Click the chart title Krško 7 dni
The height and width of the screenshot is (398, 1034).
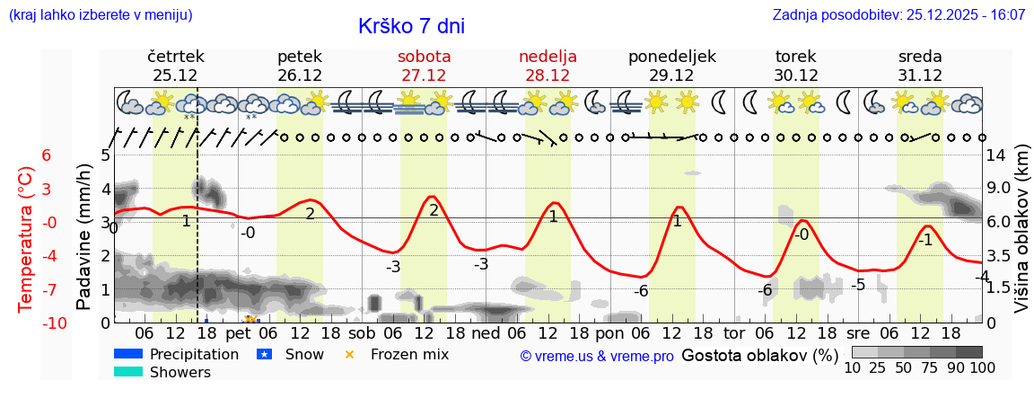(x=411, y=27)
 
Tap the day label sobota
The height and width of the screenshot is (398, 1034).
(x=424, y=57)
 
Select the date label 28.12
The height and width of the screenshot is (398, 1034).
(x=548, y=75)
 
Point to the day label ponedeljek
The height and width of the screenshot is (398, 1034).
(x=672, y=57)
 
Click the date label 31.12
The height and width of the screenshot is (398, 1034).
(x=920, y=75)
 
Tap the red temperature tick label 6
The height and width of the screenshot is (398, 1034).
(x=47, y=155)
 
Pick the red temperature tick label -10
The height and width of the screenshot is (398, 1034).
(x=53, y=323)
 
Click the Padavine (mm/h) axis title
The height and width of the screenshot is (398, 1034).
(x=83, y=237)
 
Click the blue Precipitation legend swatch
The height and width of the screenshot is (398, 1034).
(x=128, y=354)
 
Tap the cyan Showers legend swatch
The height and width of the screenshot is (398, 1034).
(x=128, y=372)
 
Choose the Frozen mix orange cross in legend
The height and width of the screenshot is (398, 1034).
(x=350, y=354)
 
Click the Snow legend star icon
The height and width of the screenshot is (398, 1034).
(x=264, y=354)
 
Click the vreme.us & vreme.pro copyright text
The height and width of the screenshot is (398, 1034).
(x=597, y=356)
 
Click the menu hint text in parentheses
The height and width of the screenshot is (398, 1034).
(x=101, y=14)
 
